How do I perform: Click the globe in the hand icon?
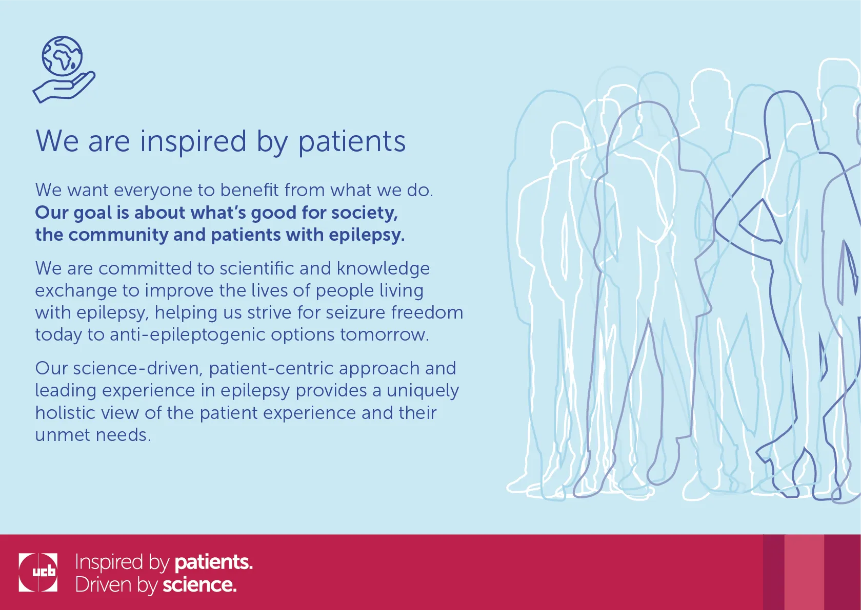coord(62,56)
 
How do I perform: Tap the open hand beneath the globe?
coord(64,88)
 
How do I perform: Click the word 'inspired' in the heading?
coord(193,142)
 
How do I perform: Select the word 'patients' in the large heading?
coord(352,142)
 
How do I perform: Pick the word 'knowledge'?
coord(383,269)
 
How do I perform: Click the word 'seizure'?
coord(355,312)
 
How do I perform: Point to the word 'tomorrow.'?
coord(385,335)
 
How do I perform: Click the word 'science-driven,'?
coord(138,369)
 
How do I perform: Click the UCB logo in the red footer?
coord(38,573)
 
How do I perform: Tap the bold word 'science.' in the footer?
coord(199,585)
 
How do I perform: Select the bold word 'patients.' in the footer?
coord(214,562)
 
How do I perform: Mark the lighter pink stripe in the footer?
coord(804,572)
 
